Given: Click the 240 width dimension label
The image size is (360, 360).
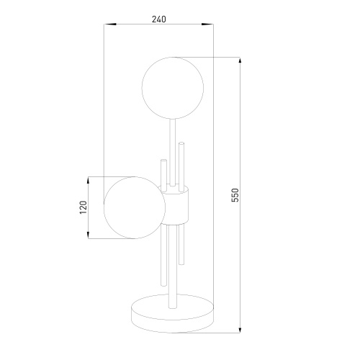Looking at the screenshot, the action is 159,19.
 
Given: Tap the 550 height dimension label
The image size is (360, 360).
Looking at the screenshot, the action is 235,195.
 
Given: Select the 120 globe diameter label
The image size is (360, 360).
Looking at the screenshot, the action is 83,207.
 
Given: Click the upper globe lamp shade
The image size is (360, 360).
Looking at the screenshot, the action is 173,88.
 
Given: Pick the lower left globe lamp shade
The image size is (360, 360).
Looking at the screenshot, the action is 135,208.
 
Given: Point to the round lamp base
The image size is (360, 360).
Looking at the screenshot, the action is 173,313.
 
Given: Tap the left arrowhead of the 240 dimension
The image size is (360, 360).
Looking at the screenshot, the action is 110,24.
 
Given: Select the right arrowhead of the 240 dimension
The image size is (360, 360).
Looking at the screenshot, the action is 207,24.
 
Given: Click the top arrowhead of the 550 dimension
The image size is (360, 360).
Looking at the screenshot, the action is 240,63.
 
